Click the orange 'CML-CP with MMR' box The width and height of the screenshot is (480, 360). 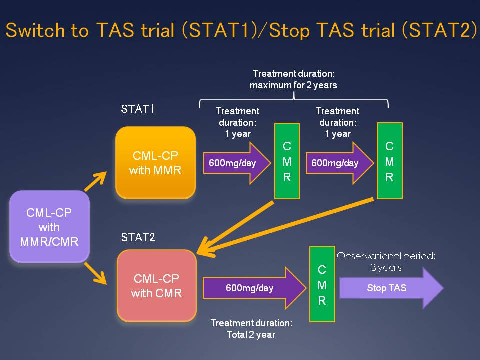155,163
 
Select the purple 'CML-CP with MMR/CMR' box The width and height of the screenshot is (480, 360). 49,226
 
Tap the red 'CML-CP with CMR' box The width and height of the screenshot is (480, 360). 156,285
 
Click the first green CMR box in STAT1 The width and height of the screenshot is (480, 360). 287,161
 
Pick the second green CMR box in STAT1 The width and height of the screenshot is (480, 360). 389,161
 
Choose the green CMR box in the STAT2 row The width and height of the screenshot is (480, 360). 322,284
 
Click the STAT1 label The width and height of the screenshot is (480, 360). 138,109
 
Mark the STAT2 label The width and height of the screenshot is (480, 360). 138,237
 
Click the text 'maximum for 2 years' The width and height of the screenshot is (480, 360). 293,85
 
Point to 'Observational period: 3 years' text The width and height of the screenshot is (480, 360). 386,262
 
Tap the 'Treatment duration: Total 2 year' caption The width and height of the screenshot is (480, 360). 251,329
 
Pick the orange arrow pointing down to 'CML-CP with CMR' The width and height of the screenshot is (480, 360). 96,272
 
